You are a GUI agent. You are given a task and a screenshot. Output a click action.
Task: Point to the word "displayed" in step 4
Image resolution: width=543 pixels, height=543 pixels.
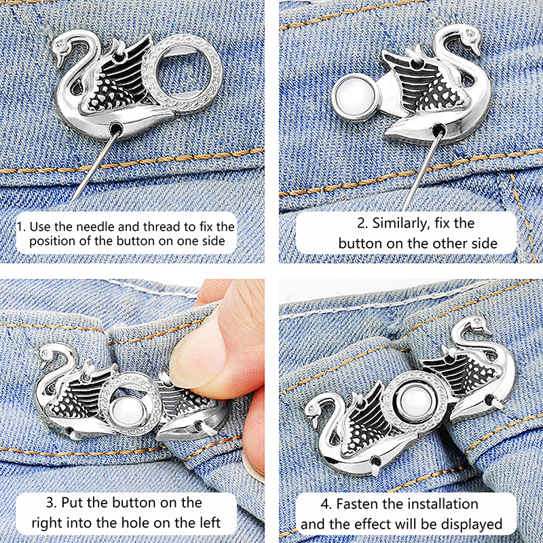click(x=471, y=525)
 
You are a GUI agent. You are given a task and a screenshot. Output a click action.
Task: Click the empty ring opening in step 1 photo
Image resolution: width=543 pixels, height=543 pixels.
click(x=183, y=75)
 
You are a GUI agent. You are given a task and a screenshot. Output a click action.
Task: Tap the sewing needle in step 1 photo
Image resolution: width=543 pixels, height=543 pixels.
click(x=96, y=164)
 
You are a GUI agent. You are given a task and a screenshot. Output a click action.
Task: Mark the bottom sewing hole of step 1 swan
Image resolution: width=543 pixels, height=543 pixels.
click(x=116, y=129)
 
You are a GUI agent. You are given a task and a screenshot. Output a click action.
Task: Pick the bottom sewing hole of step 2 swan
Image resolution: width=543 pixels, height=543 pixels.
click(x=438, y=130)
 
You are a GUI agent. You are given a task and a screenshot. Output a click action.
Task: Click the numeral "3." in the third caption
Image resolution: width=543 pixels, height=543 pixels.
click(x=52, y=502)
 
